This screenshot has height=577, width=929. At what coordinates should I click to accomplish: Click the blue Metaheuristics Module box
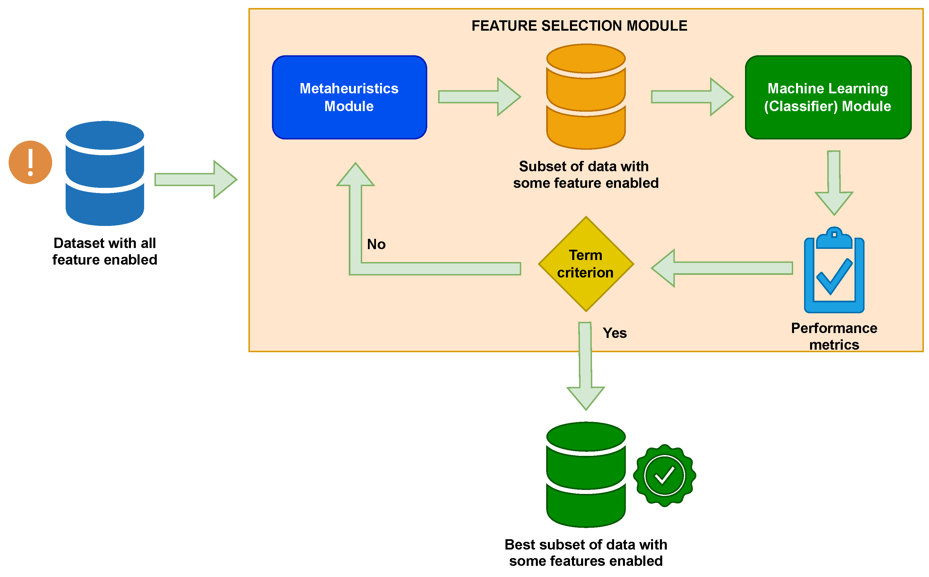[349, 97]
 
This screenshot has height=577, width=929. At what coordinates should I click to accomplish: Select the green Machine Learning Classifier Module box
[828, 97]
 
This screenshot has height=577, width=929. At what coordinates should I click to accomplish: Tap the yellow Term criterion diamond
[586, 264]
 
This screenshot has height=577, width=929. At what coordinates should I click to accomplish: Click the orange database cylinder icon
[586, 97]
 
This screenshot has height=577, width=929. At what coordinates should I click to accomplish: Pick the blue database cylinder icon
[105, 173]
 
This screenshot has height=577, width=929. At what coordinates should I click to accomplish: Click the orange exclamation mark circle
[31, 162]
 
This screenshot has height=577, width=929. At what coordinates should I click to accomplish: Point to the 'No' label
[376, 244]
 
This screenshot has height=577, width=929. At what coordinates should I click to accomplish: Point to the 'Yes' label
[614, 333]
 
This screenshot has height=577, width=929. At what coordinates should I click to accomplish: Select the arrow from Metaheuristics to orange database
[479, 97]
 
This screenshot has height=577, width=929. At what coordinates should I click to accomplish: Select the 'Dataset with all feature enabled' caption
[105, 251]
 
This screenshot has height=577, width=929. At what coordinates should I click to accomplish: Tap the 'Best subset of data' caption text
[586, 553]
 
